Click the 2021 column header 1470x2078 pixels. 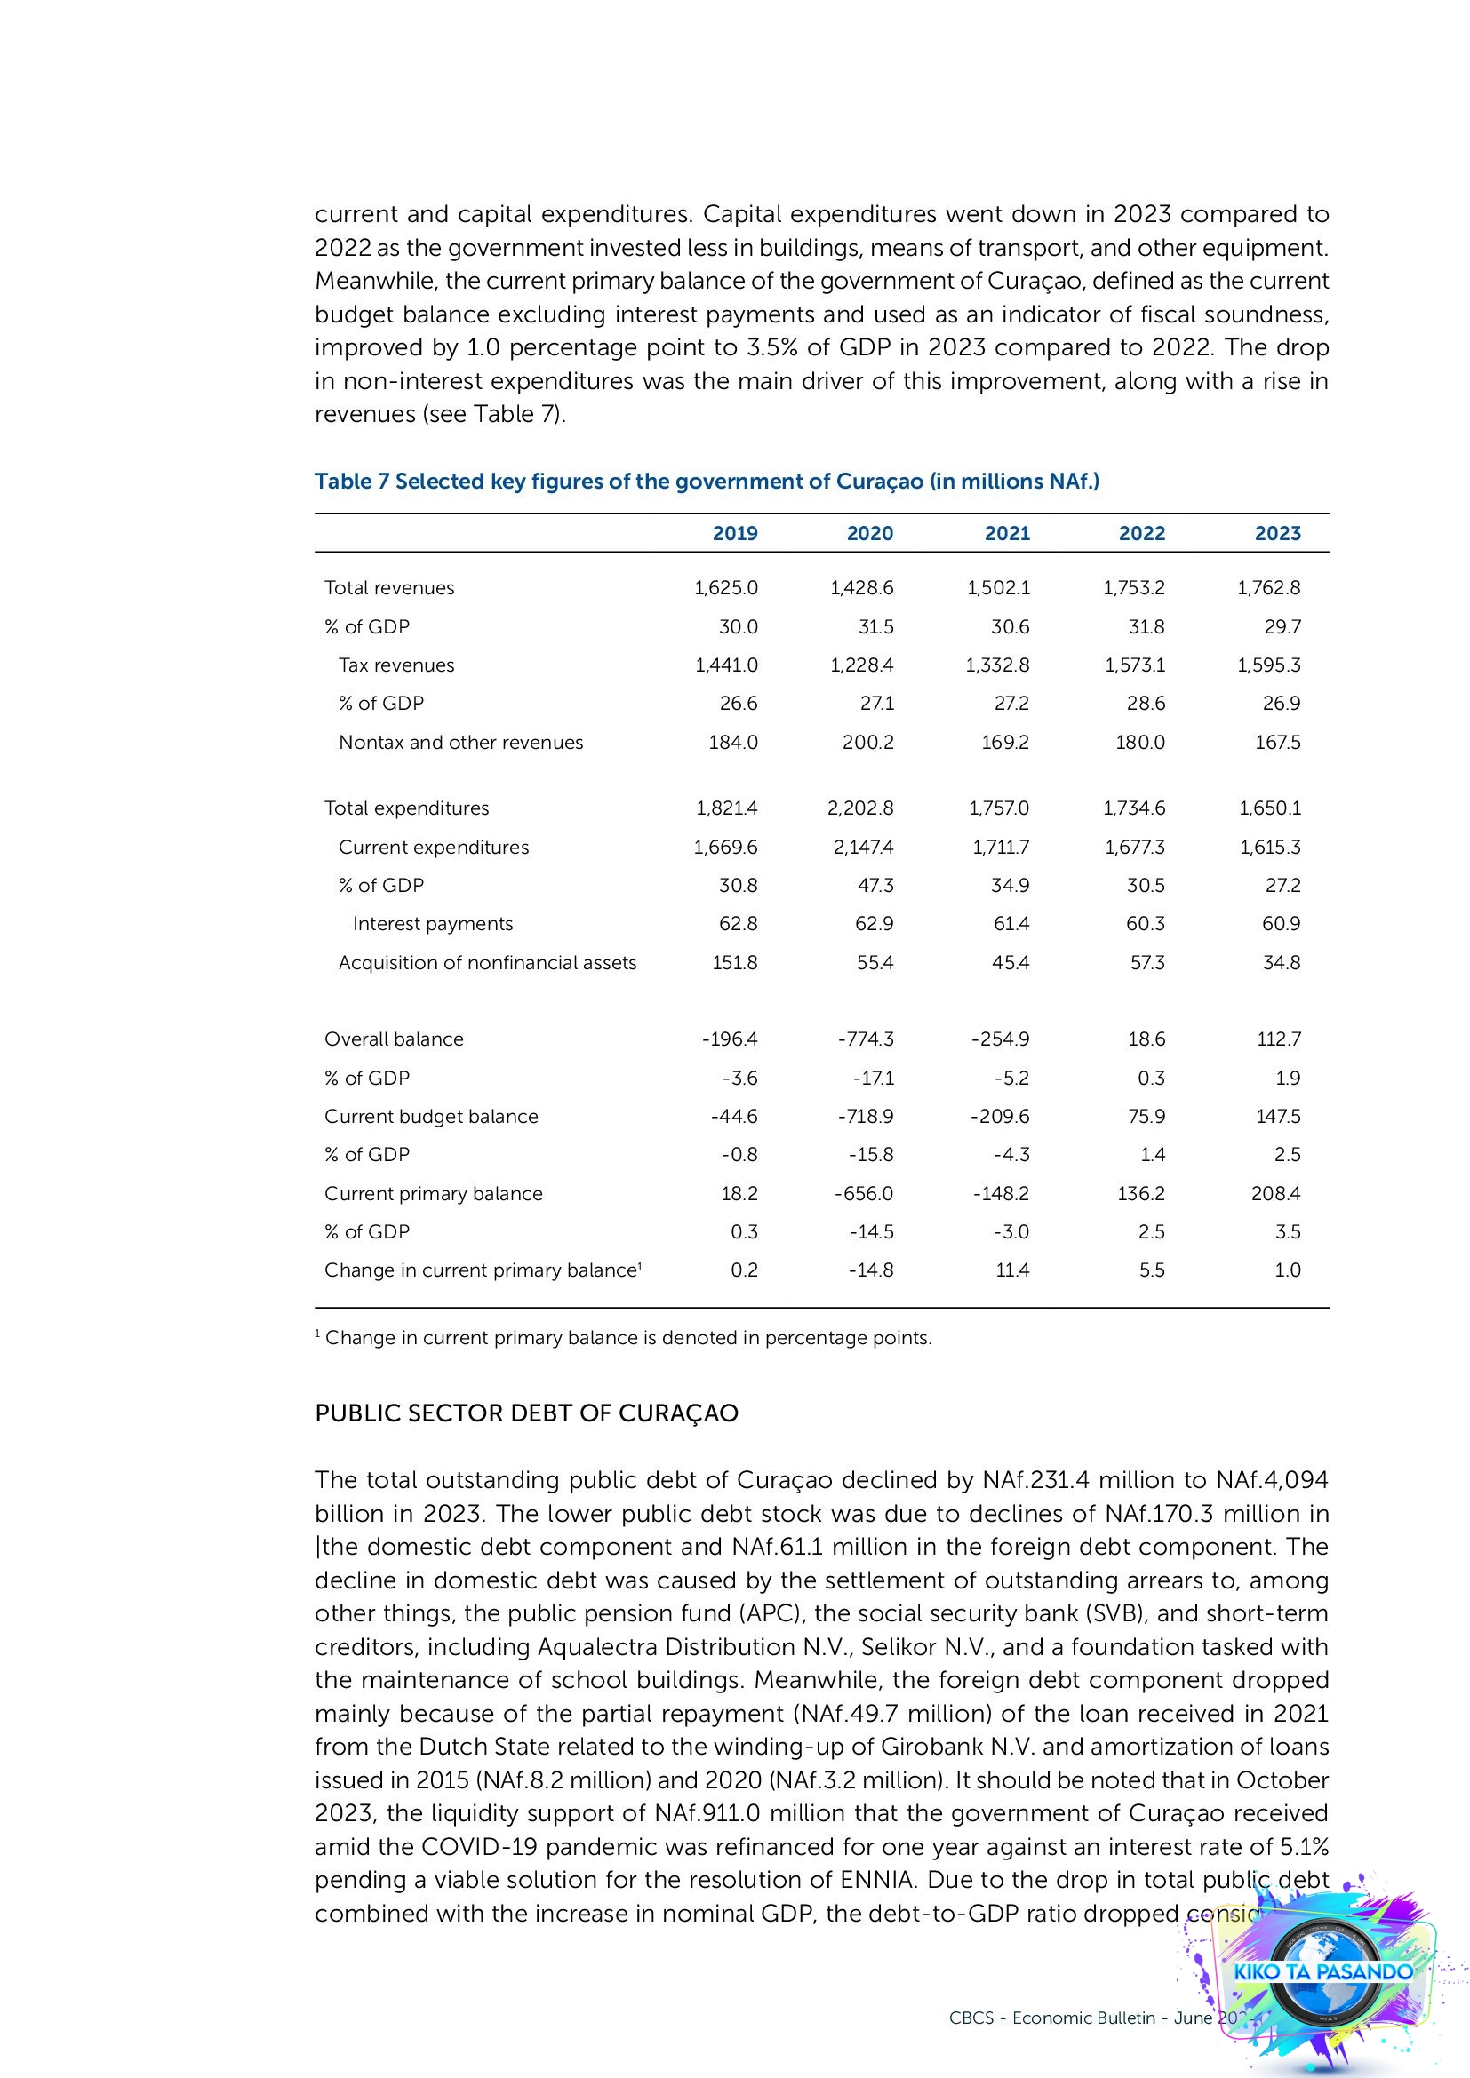(1007, 533)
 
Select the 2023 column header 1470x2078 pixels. (1277, 533)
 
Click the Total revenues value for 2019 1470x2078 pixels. (726, 587)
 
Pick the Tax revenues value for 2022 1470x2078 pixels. (1134, 665)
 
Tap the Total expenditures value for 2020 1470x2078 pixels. (860, 808)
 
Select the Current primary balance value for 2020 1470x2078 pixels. (864, 1194)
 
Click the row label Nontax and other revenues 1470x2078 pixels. (460, 742)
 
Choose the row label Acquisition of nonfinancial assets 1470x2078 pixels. (487, 963)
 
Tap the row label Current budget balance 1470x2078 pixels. (431, 1117)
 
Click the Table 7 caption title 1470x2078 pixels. (706, 481)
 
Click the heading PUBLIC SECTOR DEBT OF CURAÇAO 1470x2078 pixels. (526, 1413)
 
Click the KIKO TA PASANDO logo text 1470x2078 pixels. (1322, 1971)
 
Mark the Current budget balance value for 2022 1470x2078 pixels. (1146, 1117)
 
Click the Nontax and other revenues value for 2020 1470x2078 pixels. (868, 742)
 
